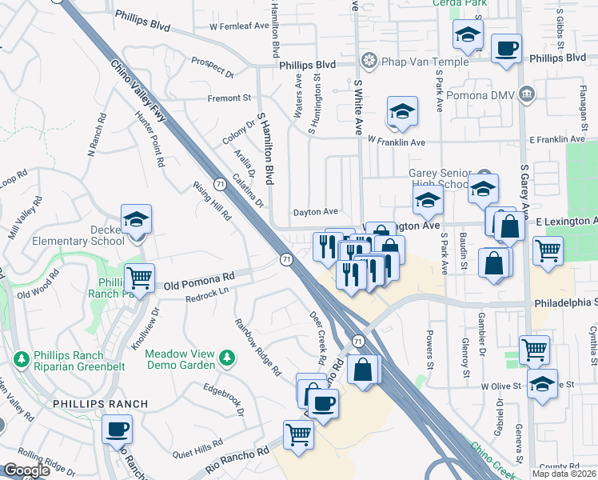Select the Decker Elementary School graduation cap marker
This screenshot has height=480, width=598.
(x=137, y=221)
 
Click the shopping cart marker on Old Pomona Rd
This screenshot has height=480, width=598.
(x=139, y=278)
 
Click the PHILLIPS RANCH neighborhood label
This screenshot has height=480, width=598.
(x=100, y=404)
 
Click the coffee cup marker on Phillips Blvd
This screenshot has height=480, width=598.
(x=506, y=48)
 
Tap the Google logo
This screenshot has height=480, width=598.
(x=27, y=470)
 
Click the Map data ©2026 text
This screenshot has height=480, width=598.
(x=564, y=474)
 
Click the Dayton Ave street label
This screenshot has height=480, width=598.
(x=316, y=212)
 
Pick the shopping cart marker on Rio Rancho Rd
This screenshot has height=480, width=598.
(x=299, y=435)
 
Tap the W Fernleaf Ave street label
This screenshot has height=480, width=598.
(x=239, y=26)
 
